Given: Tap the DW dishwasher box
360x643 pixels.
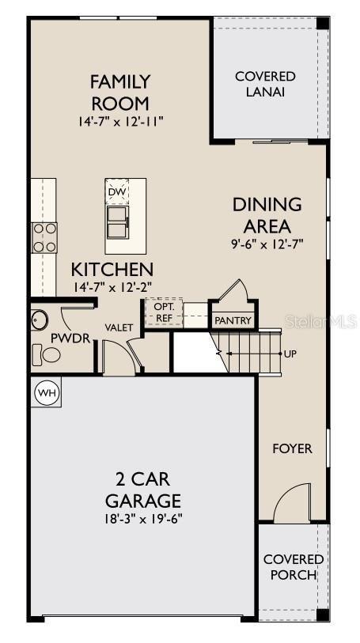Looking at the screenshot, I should pos(116,191).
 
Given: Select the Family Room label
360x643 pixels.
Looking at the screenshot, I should pos(120,92).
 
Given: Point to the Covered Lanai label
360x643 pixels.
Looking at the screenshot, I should pos(265,84).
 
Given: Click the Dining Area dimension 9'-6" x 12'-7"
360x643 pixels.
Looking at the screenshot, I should pos(267,244).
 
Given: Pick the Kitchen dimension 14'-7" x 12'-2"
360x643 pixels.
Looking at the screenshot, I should pos(112,288).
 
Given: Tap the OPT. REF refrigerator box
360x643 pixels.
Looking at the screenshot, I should pos(163,312).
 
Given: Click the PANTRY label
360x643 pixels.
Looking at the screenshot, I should pos(233,320).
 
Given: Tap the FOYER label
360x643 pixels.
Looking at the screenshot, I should pos(292,448).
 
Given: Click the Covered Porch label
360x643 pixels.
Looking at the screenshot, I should pos(293,567).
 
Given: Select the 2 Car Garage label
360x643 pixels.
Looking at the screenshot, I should pos(142,490).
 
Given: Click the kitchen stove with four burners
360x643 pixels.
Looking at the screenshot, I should pos(44,237).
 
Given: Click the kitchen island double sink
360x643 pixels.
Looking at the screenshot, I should pos(117,221).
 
